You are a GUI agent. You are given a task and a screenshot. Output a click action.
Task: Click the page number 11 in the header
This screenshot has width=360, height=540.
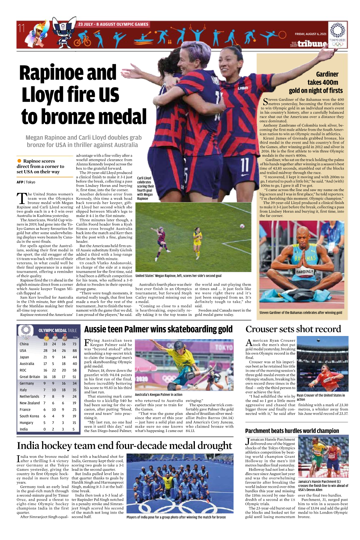(x=21, y=28)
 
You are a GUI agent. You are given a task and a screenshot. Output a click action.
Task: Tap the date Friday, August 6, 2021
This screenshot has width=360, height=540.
(x=310, y=34)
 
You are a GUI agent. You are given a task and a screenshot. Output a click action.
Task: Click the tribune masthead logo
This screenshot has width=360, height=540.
(x=312, y=44)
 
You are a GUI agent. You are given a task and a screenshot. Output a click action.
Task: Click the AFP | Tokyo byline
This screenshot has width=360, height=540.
(x=26, y=182)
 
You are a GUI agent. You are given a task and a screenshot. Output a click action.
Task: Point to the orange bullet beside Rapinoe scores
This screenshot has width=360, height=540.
(x=20, y=161)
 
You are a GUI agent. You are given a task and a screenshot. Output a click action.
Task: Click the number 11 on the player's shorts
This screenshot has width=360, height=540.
(x=245, y=165)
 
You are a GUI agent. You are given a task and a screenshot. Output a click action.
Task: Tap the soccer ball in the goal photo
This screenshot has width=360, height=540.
(x=242, y=226)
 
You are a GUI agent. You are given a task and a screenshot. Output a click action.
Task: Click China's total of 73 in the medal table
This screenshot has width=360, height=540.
(x=74, y=344)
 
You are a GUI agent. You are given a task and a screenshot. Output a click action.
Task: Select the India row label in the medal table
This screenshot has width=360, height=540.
(x=24, y=429)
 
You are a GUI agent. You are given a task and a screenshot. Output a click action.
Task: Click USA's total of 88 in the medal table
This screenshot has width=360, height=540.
(x=74, y=350)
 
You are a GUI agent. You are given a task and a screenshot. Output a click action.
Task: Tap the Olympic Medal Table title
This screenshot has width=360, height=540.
(x=58, y=330)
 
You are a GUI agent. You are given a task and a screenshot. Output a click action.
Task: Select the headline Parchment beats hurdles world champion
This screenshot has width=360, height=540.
(x=292, y=431)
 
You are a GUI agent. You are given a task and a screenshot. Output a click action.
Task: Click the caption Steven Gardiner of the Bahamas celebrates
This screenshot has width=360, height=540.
(x=301, y=313)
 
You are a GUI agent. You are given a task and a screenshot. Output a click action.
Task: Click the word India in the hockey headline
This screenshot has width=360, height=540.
(x=28, y=445)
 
